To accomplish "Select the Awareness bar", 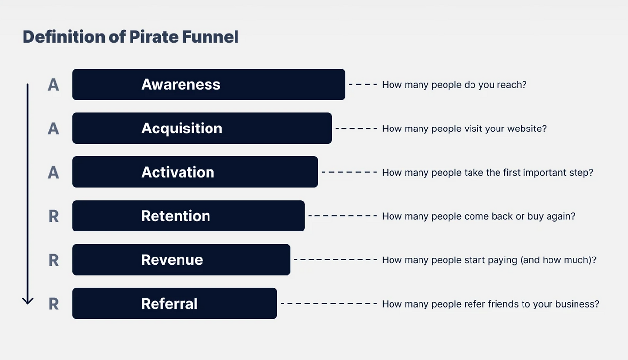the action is [209, 84].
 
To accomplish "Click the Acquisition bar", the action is [202, 128].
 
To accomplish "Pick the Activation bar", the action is [195, 172].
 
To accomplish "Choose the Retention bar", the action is [188, 216].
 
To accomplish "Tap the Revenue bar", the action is [181, 259].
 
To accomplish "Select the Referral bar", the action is [174, 304].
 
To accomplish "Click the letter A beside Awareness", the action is [53, 85].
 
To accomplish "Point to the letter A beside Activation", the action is [53, 173].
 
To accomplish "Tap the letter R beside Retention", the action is [53, 216].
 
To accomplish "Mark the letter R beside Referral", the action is [53, 304].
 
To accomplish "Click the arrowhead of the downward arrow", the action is [28, 300].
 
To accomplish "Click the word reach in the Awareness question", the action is [513, 85].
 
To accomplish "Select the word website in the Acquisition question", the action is [526, 129].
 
